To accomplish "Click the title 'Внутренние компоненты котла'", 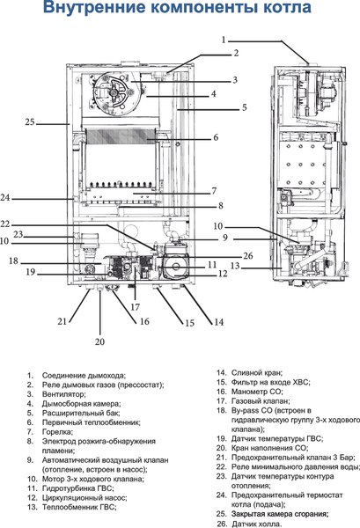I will pyautogui.click(x=180, y=11).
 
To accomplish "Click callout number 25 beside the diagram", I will pyautogui.click(x=29, y=121).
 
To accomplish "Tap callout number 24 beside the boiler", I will pyautogui.click(x=29, y=197).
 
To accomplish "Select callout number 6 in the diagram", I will pyautogui.click(x=215, y=137).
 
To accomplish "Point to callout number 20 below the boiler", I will pyautogui.click(x=99, y=341).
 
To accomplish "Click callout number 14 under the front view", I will pyautogui.click(x=218, y=323).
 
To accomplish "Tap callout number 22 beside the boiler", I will pyautogui.click(x=29, y=224).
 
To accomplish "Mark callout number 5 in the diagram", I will pyautogui.click(x=220, y=107).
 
